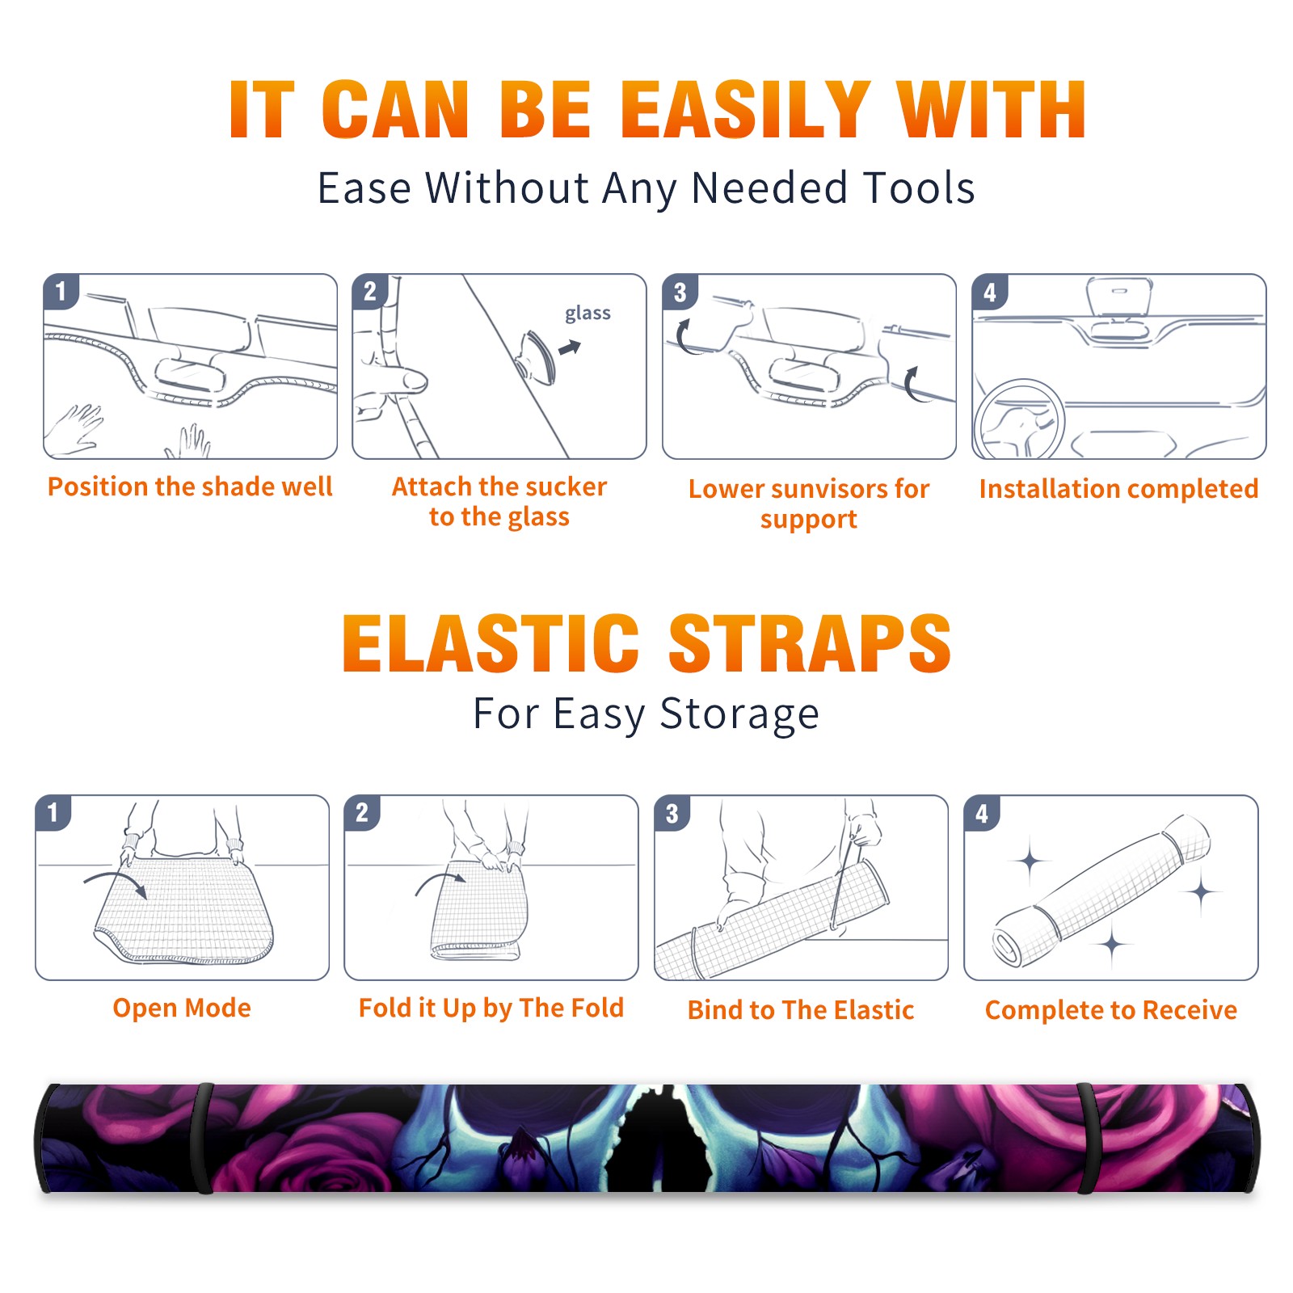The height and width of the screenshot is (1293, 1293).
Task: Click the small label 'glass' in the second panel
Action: tap(588, 314)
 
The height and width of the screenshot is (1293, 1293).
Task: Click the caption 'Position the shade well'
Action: tap(190, 486)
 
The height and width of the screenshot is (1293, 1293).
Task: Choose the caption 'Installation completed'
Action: tap(1118, 489)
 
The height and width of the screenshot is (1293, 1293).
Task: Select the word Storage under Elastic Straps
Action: tap(739, 715)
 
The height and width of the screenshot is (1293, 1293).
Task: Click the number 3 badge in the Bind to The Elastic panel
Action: tap(672, 813)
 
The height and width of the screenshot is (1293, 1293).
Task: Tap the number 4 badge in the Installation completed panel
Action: tap(990, 292)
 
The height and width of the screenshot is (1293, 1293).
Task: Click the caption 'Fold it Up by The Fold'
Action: tap(491, 1008)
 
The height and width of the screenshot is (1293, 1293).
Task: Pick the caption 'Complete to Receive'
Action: tap(1111, 1010)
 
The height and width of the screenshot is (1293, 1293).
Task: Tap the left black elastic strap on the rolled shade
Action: tap(204, 1138)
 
